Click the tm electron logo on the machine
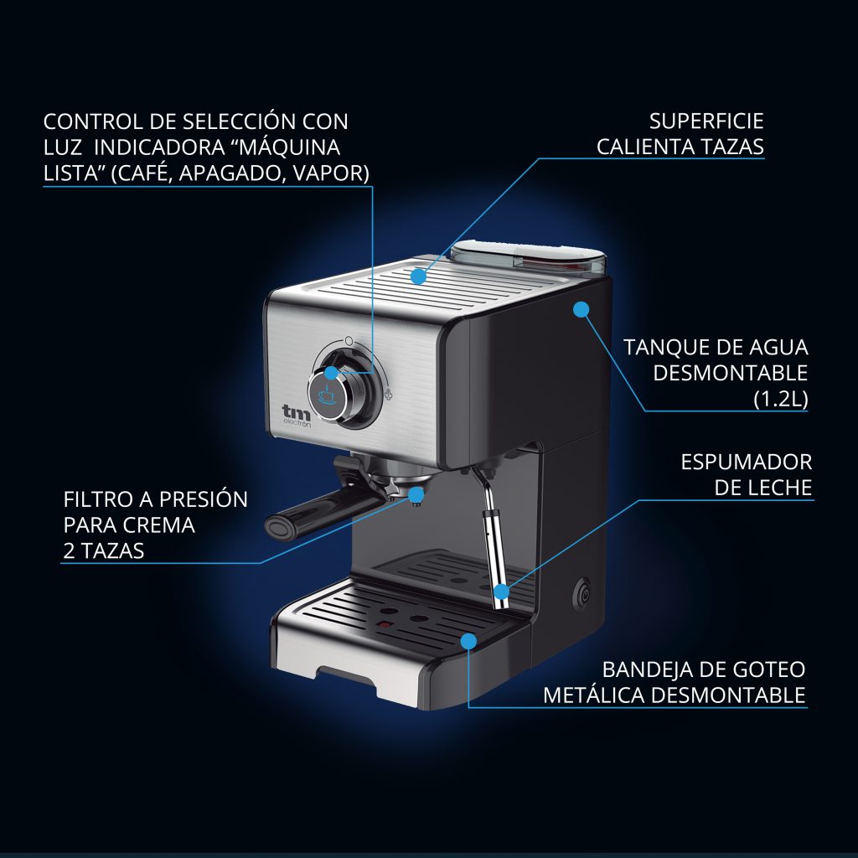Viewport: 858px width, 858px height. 296,415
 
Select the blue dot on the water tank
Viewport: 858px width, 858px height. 579,309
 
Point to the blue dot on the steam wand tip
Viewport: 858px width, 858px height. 501,592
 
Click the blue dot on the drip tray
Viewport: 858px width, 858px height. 468,642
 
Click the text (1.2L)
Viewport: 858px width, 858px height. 780,399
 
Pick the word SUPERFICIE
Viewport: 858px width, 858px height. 706,121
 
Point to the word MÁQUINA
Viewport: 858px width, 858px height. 289,147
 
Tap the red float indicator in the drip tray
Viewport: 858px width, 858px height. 385,625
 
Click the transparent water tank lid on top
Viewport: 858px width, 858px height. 528,252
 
